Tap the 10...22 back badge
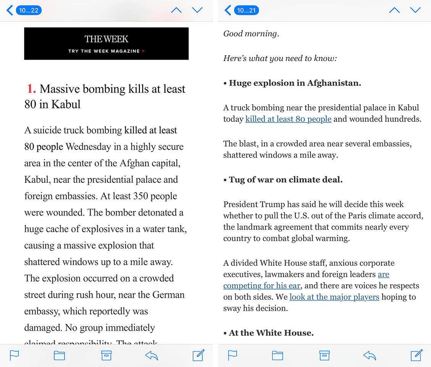29,10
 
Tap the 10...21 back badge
246,10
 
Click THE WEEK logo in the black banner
106,39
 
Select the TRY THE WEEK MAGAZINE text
104,51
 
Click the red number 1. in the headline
31,89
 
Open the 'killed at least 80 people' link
288,119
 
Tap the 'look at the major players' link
334,297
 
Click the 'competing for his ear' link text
262,286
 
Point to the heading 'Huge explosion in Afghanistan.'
295,83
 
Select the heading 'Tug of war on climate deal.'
286,179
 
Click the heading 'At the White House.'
271,333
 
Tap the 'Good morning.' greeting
251,34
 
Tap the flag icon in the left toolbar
15,356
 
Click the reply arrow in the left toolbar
152,356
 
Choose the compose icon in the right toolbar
416,355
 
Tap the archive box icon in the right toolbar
324,356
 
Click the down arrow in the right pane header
415,10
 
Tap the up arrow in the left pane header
176,10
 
